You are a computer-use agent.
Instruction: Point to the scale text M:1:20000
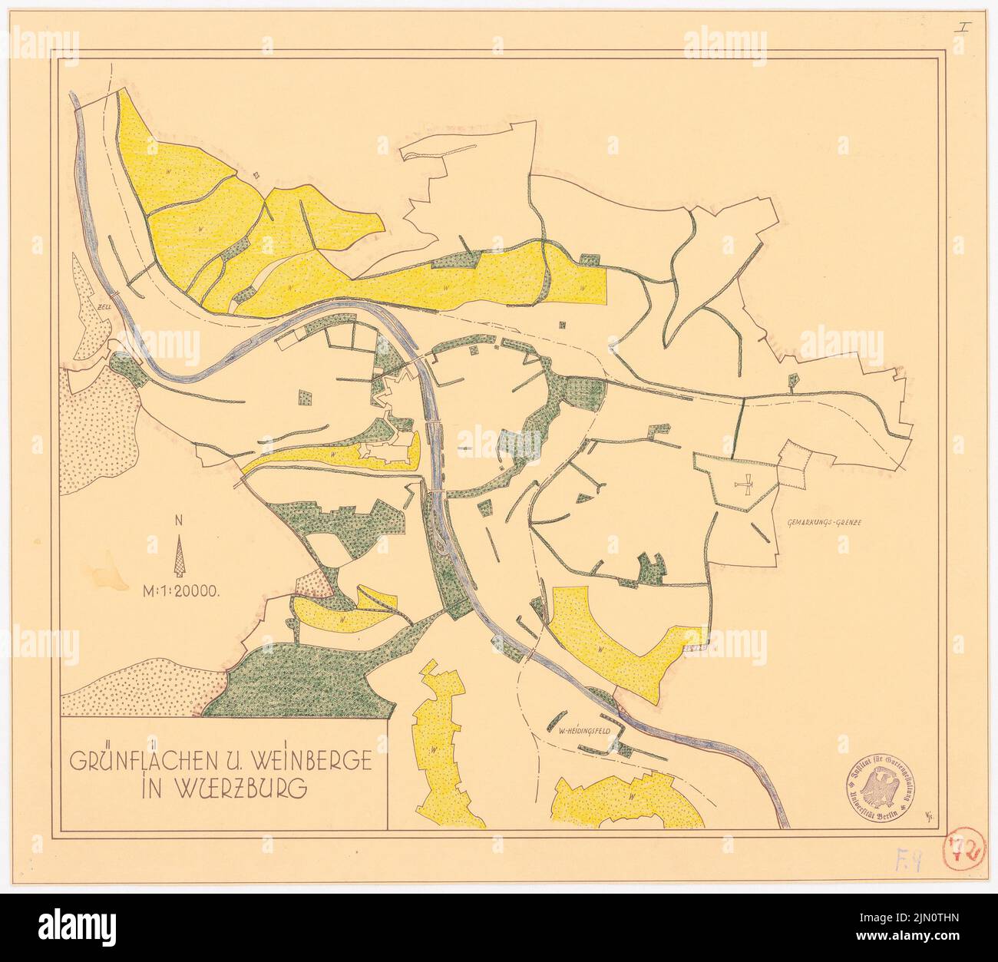[181, 591]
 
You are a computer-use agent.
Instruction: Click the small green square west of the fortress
[306, 398]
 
